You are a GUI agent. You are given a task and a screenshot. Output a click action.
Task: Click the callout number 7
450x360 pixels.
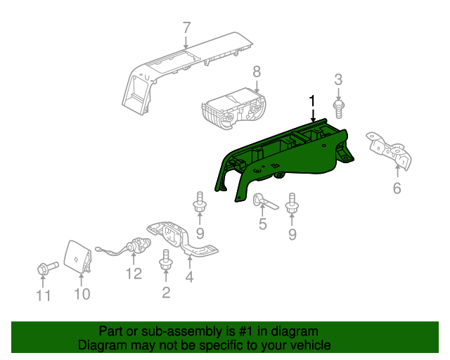point(186,29)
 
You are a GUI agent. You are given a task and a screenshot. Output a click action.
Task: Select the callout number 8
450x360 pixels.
point(257,71)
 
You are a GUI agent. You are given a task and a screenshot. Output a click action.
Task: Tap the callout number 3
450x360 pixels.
point(338,79)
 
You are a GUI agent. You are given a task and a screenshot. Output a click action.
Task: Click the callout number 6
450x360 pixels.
point(397,188)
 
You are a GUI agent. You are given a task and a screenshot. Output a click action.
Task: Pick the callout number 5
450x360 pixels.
point(263,225)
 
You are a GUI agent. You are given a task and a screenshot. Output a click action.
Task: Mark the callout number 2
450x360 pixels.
point(166,292)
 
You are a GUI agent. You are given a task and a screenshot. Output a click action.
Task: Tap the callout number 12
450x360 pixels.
point(134,274)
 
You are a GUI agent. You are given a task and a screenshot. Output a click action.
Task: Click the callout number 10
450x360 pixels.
point(82,294)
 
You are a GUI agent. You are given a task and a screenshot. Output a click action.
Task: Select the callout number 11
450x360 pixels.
point(44,296)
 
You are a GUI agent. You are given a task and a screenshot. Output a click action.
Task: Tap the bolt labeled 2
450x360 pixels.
point(167,260)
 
